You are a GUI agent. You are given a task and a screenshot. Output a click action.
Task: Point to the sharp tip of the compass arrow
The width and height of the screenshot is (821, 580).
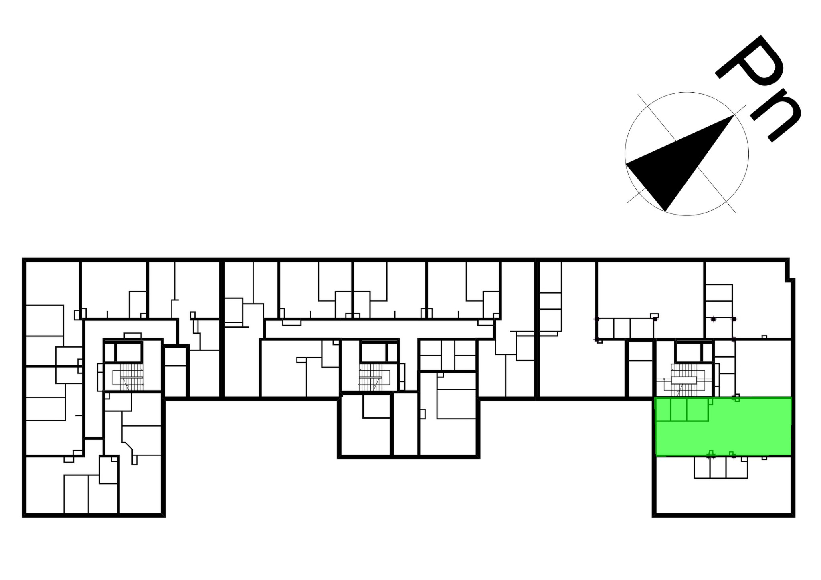[x=734, y=115]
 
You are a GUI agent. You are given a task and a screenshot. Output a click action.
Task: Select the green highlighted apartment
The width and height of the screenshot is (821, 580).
[x=723, y=427]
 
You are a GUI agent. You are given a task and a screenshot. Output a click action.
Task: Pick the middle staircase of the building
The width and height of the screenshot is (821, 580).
[x=371, y=377]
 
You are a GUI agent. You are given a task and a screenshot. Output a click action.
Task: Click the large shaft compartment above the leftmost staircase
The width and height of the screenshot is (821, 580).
[x=129, y=352]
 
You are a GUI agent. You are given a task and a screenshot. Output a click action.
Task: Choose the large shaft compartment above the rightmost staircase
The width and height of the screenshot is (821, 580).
[x=688, y=352]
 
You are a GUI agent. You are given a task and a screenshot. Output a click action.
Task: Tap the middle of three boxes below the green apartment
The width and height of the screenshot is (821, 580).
[x=718, y=467]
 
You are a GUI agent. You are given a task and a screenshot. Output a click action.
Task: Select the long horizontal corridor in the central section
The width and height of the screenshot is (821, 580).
[x=379, y=329]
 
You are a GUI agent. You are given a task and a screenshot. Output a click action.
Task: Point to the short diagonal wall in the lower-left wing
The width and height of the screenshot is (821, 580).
[x=128, y=446]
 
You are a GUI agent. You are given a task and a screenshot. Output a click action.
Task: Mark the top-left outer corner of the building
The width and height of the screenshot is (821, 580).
[x=23, y=259]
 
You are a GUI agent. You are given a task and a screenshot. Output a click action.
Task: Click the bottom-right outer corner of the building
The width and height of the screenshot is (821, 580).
[x=793, y=516]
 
